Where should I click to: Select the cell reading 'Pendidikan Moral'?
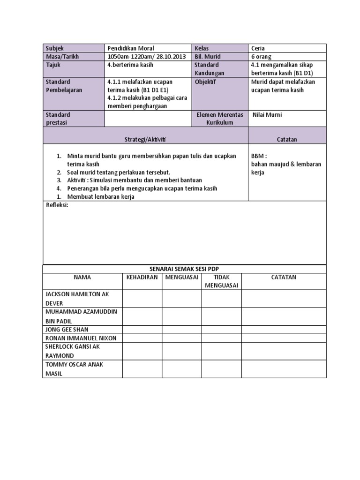pyautogui.click(x=131, y=48)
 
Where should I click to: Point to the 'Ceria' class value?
pyautogui.click(x=258, y=48)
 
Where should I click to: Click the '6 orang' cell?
pyautogui.click(x=261, y=57)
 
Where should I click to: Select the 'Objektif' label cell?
pyautogui.click(x=207, y=82)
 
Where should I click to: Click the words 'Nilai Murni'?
pyautogui.click(x=267, y=115)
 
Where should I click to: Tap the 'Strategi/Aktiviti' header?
pyautogui.click(x=145, y=140)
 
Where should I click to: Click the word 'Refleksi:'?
pyautogui.click(x=57, y=205)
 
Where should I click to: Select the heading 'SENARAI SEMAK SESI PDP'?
pyautogui.click(x=184, y=269)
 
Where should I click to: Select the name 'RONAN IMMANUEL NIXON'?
pyautogui.click(x=81, y=338)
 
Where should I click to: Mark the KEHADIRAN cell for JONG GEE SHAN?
pyautogui.click(x=142, y=330)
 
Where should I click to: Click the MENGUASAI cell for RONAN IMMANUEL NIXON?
pyautogui.click(x=182, y=338)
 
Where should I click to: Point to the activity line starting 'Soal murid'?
pyautogui.click(x=119, y=172)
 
